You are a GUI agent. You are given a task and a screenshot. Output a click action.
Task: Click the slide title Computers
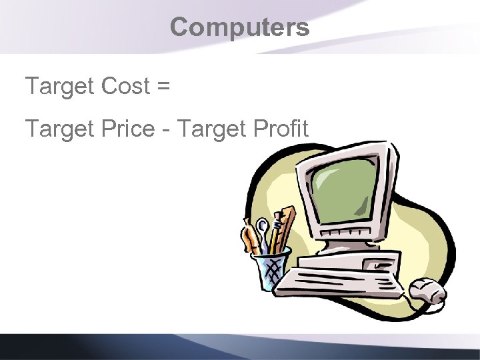(239, 27)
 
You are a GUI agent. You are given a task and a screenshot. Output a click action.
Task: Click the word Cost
(127, 86)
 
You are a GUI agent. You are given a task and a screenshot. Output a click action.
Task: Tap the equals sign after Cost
(163, 87)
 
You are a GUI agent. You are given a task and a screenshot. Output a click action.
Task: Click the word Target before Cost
(60, 87)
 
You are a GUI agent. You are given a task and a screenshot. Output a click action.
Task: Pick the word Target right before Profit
(211, 129)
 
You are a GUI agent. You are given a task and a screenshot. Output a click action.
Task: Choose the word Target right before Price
(60, 129)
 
